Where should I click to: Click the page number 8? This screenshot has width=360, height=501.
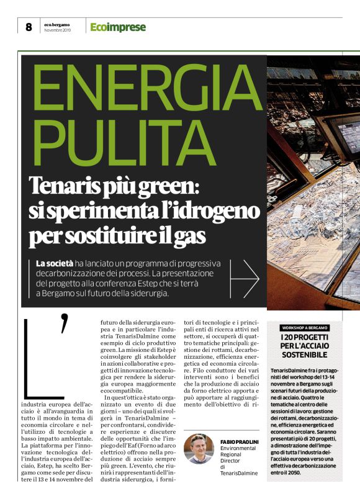tap(28, 27)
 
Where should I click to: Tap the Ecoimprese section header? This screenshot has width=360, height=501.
tap(118, 27)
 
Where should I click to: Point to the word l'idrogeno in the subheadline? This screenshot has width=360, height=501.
tap(198, 211)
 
